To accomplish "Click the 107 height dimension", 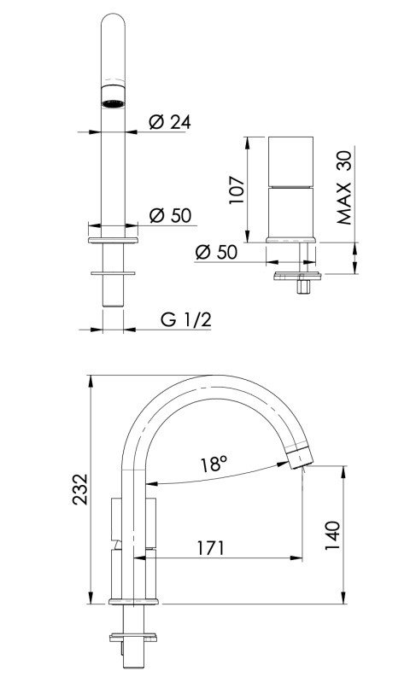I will pyautogui.click(x=237, y=189).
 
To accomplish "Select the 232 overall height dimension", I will pyautogui.click(x=80, y=491).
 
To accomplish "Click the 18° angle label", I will pyautogui.click(x=214, y=464).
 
